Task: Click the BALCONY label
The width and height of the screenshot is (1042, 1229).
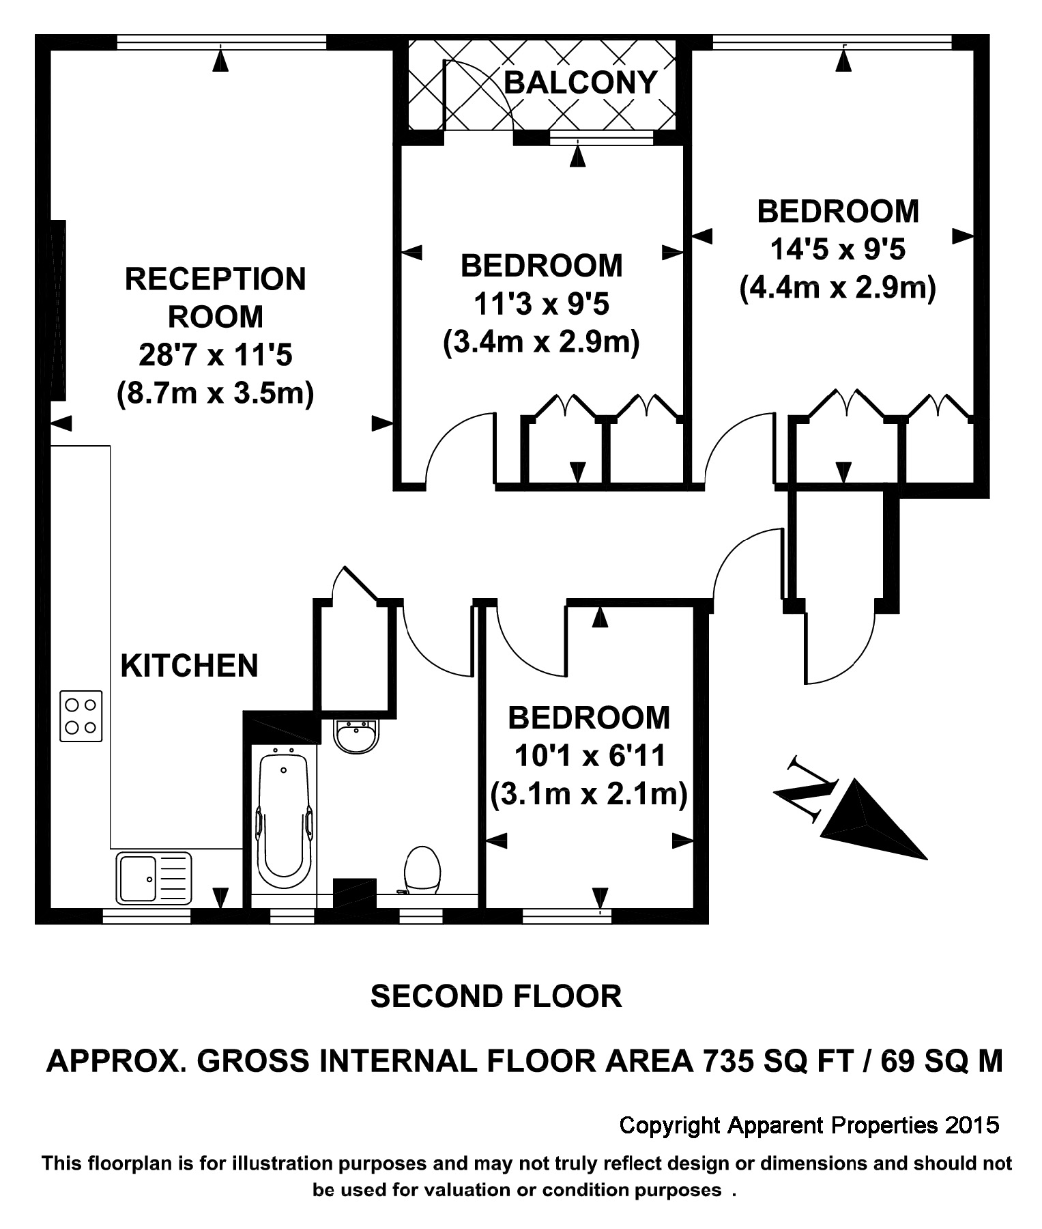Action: pos(580,83)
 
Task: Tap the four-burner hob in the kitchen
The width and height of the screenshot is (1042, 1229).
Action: pos(81,716)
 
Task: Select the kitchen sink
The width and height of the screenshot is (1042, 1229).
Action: pos(154,878)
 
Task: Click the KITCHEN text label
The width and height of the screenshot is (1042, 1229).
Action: pos(189,666)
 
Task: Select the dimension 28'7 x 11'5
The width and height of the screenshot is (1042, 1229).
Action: pos(215,355)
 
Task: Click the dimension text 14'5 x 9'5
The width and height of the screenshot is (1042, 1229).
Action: pos(837,250)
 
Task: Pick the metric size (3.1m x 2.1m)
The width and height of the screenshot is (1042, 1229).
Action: pos(588,794)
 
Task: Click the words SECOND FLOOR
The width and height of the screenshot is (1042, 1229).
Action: pos(496,997)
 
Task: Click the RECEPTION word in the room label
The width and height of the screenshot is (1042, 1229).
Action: pos(215,279)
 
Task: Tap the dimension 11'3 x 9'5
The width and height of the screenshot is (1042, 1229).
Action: pos(541,304)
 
